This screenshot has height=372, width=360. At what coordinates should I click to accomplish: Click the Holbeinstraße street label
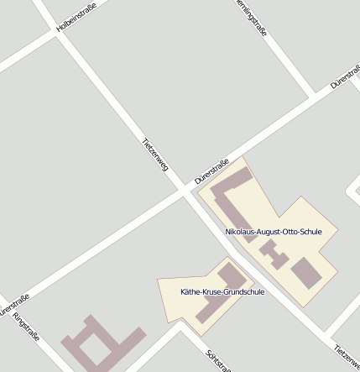[76, 17]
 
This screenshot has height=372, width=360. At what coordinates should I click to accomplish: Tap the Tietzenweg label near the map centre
[156, 155]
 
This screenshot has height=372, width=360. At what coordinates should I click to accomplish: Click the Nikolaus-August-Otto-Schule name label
[274, 231]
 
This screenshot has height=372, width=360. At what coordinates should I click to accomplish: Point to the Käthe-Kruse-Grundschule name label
[222, 291]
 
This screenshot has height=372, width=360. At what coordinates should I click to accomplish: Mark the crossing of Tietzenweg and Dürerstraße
[184, 192]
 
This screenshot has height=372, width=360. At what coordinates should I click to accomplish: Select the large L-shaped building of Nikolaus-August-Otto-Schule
[228, 202]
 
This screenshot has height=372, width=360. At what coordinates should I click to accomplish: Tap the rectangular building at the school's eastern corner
[305, 273]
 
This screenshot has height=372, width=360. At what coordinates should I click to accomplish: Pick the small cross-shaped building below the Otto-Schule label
[270, 249]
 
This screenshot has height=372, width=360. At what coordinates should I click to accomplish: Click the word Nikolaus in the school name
[242, 231]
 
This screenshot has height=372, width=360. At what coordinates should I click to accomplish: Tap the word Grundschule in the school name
[244, 291]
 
